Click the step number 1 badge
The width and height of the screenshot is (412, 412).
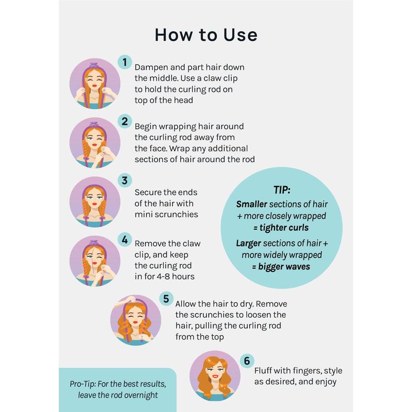pyautogui.click(x=125, y=62)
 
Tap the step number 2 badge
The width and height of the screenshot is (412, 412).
pyautogui.click(x=125, y=121)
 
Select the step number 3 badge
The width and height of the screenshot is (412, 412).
pyautogui.click(x=125, y=180)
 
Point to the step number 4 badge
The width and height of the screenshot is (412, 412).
pyautogui.click(x=125, y=239)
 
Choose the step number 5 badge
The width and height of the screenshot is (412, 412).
pyautogui.click(x=166, y=299)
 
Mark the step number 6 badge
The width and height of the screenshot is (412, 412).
pyautogui.click(x=247, y=360)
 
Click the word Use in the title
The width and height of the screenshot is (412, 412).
pyautogui.click(x=241, y=35)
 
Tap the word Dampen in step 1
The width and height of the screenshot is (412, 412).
pyautogui.click(x=151, y=68)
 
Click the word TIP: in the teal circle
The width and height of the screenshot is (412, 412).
pyautogui.click(x=282, y=190)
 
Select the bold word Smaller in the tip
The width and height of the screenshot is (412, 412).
pyautogui.click(x=251, y=204)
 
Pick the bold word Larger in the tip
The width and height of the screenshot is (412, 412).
pyautogui.click(x=248, y=243)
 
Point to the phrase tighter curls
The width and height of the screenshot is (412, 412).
pyautogui.click(x=284, y=228)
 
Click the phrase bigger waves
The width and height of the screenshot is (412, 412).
pyautogui.click(x=284, y=267)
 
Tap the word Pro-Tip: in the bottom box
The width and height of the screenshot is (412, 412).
pyautogui.click(x=82, y=384)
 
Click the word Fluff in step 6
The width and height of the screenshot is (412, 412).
pyautogui.click(x=263, y=370)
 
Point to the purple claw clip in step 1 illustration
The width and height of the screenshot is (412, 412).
pyautogui.click(x=94, y=65)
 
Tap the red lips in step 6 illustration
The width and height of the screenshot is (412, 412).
pyautogui.click(x=215, y=376)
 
